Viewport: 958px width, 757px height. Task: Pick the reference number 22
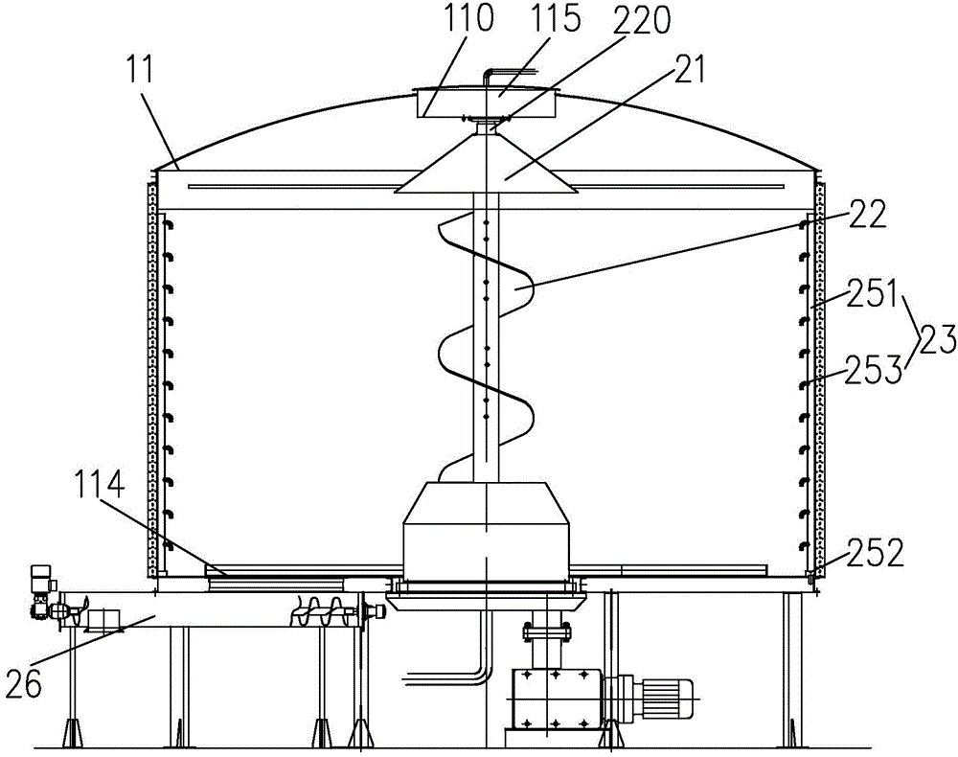pos(866,214)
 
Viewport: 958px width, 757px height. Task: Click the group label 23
pos(934,339)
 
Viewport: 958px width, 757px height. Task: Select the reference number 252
pos(875,552)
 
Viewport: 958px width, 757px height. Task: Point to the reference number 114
pos(101,485)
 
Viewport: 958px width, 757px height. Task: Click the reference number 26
pos(24,683)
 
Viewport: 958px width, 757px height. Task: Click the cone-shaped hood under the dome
pos(487,161)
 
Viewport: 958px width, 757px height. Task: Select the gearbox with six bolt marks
pos(556,698)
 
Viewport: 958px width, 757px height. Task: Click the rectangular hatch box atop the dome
pos(487,103)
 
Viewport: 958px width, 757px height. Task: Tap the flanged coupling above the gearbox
pos(547,630)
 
